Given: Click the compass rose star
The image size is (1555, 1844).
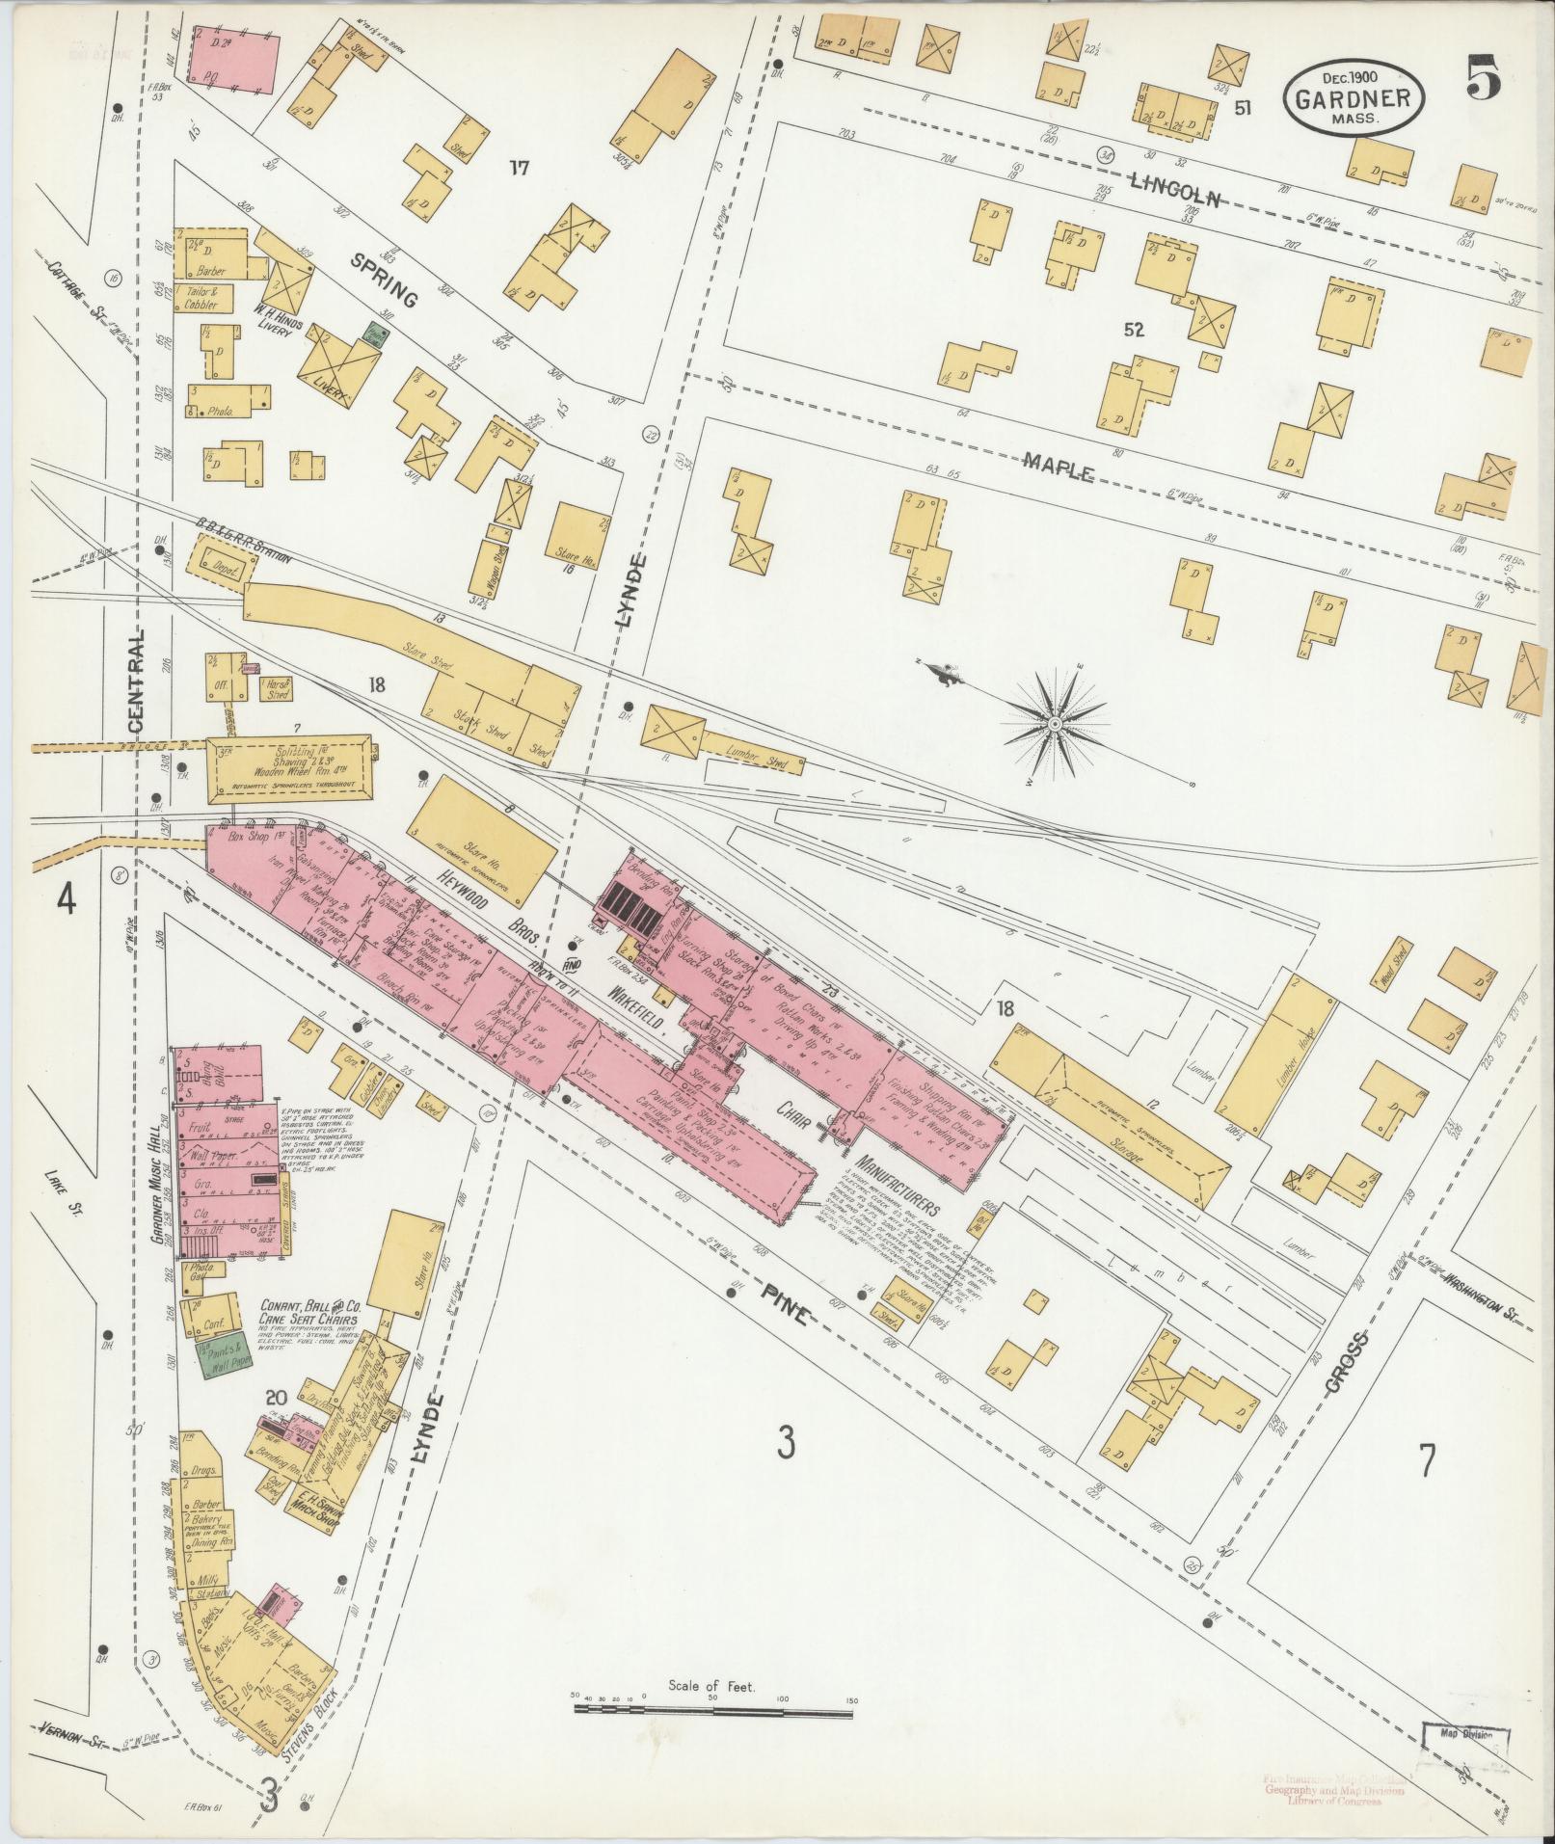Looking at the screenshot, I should [1056, 722].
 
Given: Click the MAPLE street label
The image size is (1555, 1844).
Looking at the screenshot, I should [1058, 469].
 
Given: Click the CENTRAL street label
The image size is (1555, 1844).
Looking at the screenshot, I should [135, 679].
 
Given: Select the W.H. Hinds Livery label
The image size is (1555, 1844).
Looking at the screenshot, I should [277, 331].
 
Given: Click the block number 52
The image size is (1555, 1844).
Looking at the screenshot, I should [1132, 330].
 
